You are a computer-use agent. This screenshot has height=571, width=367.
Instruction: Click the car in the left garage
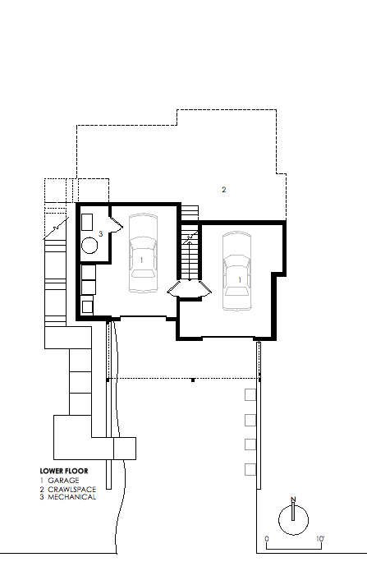coord(143,256)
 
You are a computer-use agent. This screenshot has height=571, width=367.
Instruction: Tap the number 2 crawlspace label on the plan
coord(223,189)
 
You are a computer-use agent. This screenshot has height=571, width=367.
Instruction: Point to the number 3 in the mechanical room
coord(100,234)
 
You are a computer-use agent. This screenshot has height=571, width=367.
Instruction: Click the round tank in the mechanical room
coord(89,244)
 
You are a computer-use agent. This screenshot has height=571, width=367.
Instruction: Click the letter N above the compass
coord(293,499)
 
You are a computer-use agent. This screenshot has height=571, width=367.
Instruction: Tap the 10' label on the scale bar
coord(320,540)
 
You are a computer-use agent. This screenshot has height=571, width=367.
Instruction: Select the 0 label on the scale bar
coord(267,540)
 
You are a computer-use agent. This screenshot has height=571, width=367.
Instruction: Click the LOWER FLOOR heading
coord(63,471)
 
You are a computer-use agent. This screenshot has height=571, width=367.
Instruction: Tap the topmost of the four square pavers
coord(250,395)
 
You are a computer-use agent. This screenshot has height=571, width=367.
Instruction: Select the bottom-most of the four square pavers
coord(250,469)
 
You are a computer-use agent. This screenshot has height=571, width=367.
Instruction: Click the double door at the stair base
coord(189,288)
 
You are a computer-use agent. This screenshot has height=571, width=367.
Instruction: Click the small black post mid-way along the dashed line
coord(192,380)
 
